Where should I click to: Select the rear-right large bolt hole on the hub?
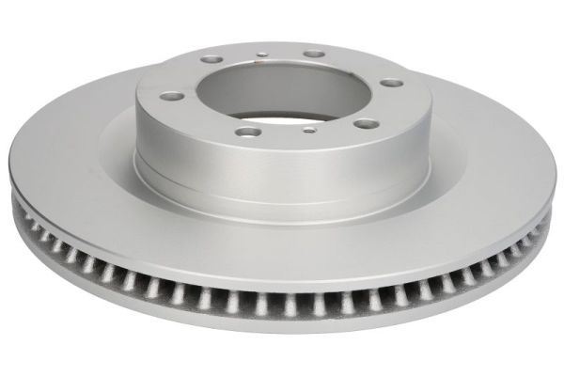[x=314, y=55]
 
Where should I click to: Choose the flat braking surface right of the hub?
[x=470, y=150]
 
